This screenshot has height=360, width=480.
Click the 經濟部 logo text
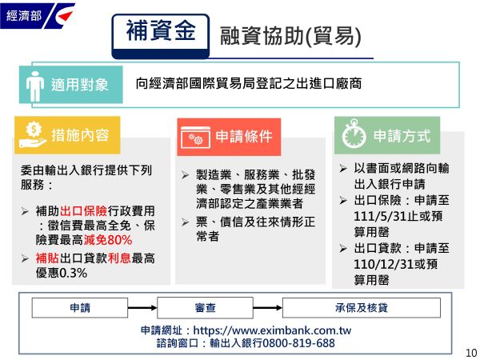point(24,15)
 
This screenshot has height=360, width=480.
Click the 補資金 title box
point(161,36)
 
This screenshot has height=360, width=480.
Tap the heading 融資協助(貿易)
point(290,37)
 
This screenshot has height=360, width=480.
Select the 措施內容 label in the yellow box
point(80,135)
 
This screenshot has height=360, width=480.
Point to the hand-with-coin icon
point(33,135)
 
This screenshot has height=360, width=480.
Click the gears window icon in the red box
point(195,137)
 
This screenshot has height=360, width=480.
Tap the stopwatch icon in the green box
point(354,134)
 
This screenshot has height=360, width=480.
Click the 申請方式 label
point(402,136)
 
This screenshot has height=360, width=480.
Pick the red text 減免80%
point(108,240)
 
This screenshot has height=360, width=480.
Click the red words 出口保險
point(83,211)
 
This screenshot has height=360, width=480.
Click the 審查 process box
point(205,308)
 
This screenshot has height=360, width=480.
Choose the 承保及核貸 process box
point(362,308)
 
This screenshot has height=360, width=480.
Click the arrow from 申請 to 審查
point(142,308)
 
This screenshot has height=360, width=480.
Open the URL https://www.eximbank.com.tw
point(272,330)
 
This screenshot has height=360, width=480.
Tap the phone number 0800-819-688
point(298,343)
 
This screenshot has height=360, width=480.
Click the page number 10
point(471,352)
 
